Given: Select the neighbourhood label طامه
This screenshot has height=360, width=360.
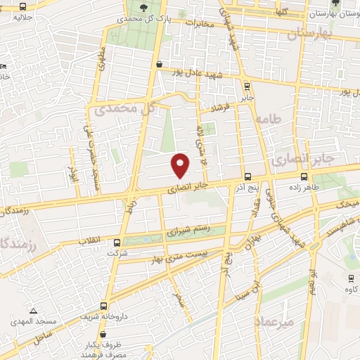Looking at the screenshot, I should [x=269, y=120].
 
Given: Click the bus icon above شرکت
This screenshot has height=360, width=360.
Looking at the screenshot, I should [x=116, y=243].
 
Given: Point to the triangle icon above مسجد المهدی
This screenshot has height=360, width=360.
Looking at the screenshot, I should [x=32, y=310].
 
